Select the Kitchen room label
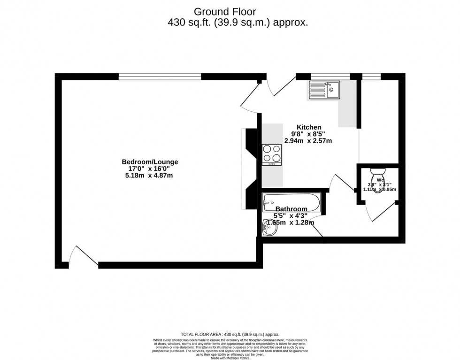(309, 127)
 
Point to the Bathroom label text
(291, 209)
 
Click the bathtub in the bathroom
(291, 203)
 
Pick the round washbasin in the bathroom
(269, 229)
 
